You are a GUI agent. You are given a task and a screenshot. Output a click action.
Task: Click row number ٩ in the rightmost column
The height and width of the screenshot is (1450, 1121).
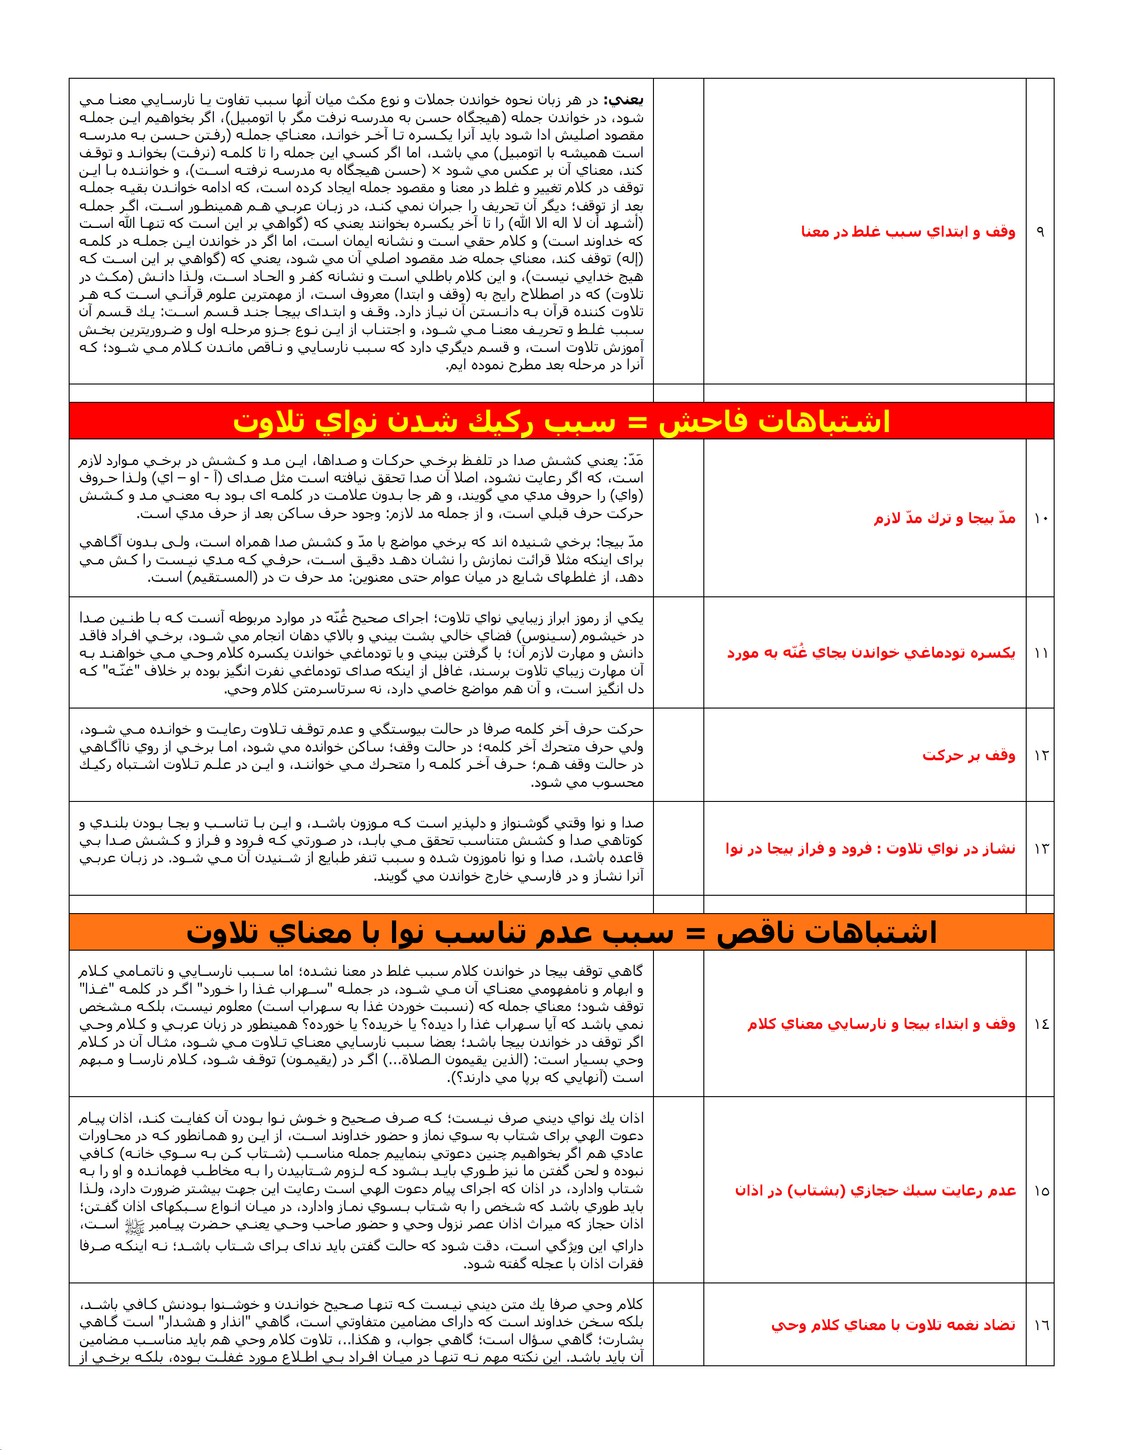(x=1040, y=232)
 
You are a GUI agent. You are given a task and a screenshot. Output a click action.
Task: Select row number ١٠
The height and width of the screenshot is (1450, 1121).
(x=1040, y=519)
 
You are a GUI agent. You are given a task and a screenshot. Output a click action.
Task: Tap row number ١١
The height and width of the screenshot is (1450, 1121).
(x=1040, y=653)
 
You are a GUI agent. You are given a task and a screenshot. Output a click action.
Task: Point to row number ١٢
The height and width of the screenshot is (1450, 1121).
(x=1040, y=756)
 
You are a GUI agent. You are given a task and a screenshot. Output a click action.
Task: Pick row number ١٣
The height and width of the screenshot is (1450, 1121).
(x=1040, y=849)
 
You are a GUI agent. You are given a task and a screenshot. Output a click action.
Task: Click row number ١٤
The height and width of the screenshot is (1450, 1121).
(x=1040, y=1024)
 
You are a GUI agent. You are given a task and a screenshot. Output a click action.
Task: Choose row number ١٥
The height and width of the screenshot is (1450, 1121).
(x=1040, y=1191)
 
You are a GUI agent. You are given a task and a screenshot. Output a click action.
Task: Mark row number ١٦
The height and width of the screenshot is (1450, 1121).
(x=1040, y=1325)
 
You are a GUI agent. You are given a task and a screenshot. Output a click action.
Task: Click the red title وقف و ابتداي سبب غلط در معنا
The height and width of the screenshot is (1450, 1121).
(x=908, y=232)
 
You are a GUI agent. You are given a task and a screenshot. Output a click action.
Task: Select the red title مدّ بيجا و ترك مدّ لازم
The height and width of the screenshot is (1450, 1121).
(x=944, y=519)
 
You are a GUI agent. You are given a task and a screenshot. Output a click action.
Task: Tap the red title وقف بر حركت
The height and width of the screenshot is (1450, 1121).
(x=968, y=756)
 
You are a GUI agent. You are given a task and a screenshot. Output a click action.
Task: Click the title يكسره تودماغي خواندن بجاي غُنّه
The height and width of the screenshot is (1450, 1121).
(x=871, y=653)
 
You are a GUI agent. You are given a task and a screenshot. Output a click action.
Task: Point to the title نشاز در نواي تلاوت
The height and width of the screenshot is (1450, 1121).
(x=870, y=849)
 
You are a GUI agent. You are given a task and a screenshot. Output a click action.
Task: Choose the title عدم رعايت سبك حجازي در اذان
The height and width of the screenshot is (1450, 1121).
(x=875, y=1191)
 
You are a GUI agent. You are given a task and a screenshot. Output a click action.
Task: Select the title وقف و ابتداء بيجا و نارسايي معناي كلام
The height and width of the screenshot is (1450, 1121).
(x=881, y=1024)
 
